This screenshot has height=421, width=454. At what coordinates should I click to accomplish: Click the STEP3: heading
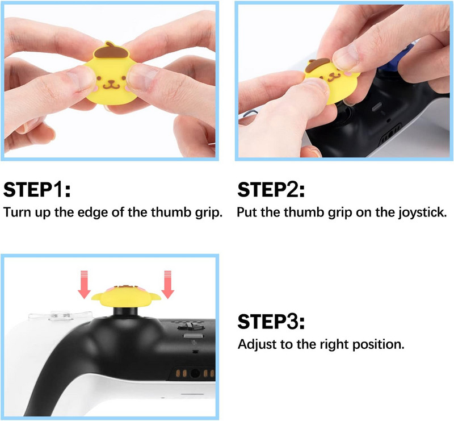coord(271,322)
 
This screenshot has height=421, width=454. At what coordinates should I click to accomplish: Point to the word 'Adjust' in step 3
coord(254,345)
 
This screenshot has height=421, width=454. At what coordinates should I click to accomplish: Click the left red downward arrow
coord(84,285)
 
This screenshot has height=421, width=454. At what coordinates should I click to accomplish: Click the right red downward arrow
coord(167,285)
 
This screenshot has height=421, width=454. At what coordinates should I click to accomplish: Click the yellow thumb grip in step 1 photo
coord(111,80)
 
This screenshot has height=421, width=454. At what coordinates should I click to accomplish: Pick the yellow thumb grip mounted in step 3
coord(126,293)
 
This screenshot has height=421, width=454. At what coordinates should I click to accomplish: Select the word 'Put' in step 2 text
coord(247,213)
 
